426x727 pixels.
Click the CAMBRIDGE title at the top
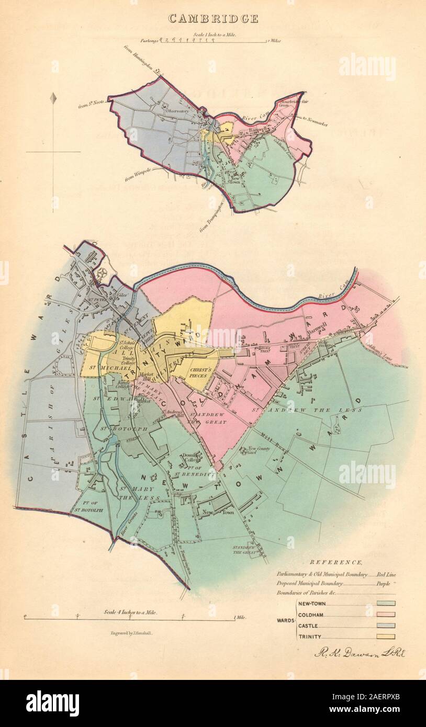(x=212, y=19)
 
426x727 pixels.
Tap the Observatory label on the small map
(x=176, y=111)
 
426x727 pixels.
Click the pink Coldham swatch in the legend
(x=386, y=614)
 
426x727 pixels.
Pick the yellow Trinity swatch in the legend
(x=386, y=637)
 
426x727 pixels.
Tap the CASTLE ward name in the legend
(x=308, y=626)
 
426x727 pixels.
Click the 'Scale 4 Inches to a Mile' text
(x=130, y=612)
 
